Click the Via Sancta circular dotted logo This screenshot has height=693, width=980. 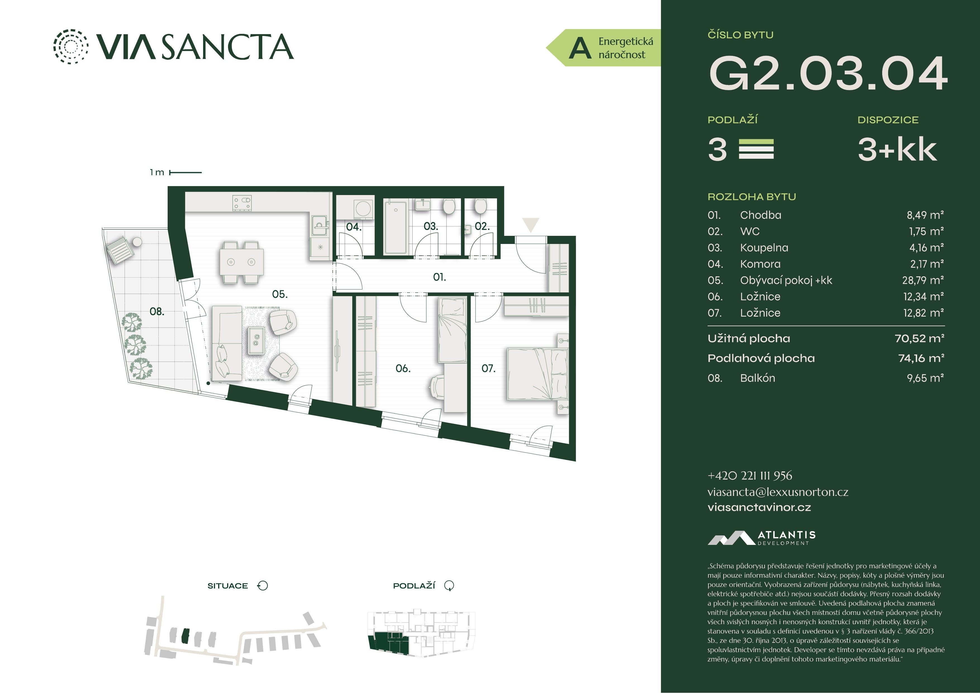click(x=71, y=47)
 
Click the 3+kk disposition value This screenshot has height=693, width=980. click(x=897, y=149)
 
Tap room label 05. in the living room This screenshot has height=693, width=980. click(x=280, y=294)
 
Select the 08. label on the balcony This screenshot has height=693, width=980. click(x=157, y=312)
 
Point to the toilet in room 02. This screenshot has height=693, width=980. click(x=481, y=207)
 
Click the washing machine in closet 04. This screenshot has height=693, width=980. click(x=363, y=209)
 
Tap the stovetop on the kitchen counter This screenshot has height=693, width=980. click(x=242, y=203)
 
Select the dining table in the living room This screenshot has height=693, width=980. click(x=241, y=262)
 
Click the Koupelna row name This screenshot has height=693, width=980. click(x=764, y=248)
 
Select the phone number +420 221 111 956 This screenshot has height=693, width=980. click(x=750, y=476)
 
